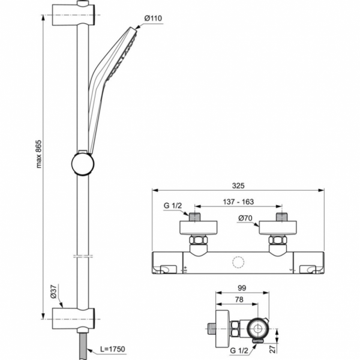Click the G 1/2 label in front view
[172, 207]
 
